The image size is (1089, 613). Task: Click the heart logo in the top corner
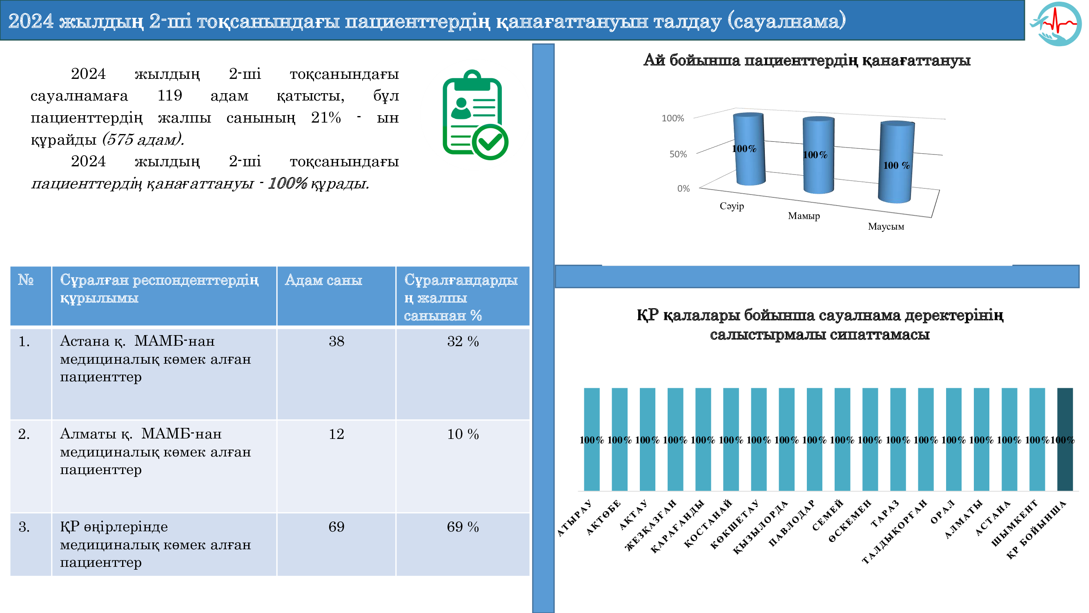point(1057,23)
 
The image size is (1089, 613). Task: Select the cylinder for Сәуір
point(749,149)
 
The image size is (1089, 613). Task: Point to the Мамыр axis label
point(804,216)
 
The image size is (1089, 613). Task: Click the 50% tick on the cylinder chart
point(678,154)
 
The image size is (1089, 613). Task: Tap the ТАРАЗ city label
point(885,514)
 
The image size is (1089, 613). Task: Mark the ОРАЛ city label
point(942,512)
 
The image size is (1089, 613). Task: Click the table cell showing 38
point(336,341)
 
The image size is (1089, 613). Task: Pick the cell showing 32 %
point(463,341)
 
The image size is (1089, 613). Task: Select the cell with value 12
point(336,434)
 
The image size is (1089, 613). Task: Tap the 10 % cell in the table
point(463,434)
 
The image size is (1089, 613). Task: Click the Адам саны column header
point(323,280)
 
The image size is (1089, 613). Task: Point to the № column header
point(26,280)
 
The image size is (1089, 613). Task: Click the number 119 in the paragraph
point(169,96)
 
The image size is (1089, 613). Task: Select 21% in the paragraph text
point(325,118)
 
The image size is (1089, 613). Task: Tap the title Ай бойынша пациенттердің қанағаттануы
point(806,60)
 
